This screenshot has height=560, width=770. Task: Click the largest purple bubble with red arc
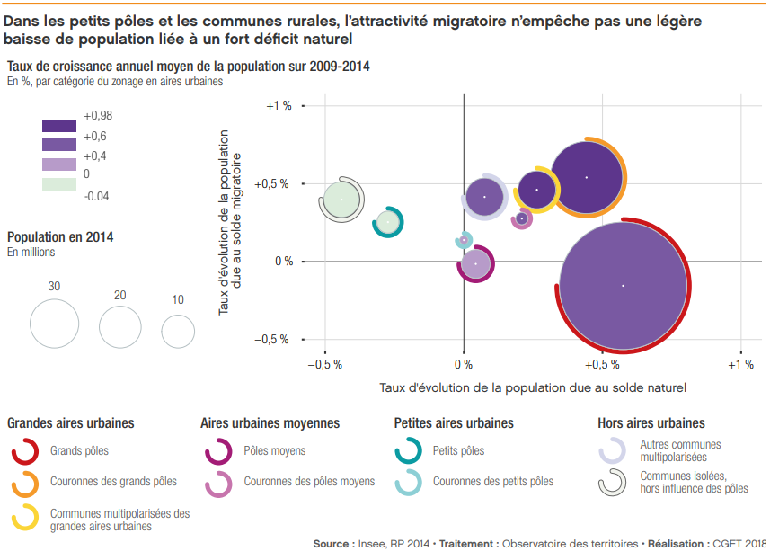point(623,286)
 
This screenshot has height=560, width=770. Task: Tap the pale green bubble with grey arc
point(341,199)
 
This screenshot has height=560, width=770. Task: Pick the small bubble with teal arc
point(388,221)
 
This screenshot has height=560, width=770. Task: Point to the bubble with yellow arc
point(537,190)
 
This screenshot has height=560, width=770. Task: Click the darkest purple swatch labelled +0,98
point(59,126)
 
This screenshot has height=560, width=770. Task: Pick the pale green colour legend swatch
point(59,184)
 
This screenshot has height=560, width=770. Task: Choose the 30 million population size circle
point(55,323)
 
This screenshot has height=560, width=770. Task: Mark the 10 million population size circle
point(178,331)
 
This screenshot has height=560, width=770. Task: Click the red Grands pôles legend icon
point(24,451)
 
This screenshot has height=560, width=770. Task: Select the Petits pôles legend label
point(458,451)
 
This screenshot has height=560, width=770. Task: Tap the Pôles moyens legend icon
point(218,451)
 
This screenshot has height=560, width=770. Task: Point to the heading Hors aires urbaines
point(651,422)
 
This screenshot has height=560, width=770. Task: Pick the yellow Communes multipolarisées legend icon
point(24,518)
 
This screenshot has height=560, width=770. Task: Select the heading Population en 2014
point(60,237)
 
